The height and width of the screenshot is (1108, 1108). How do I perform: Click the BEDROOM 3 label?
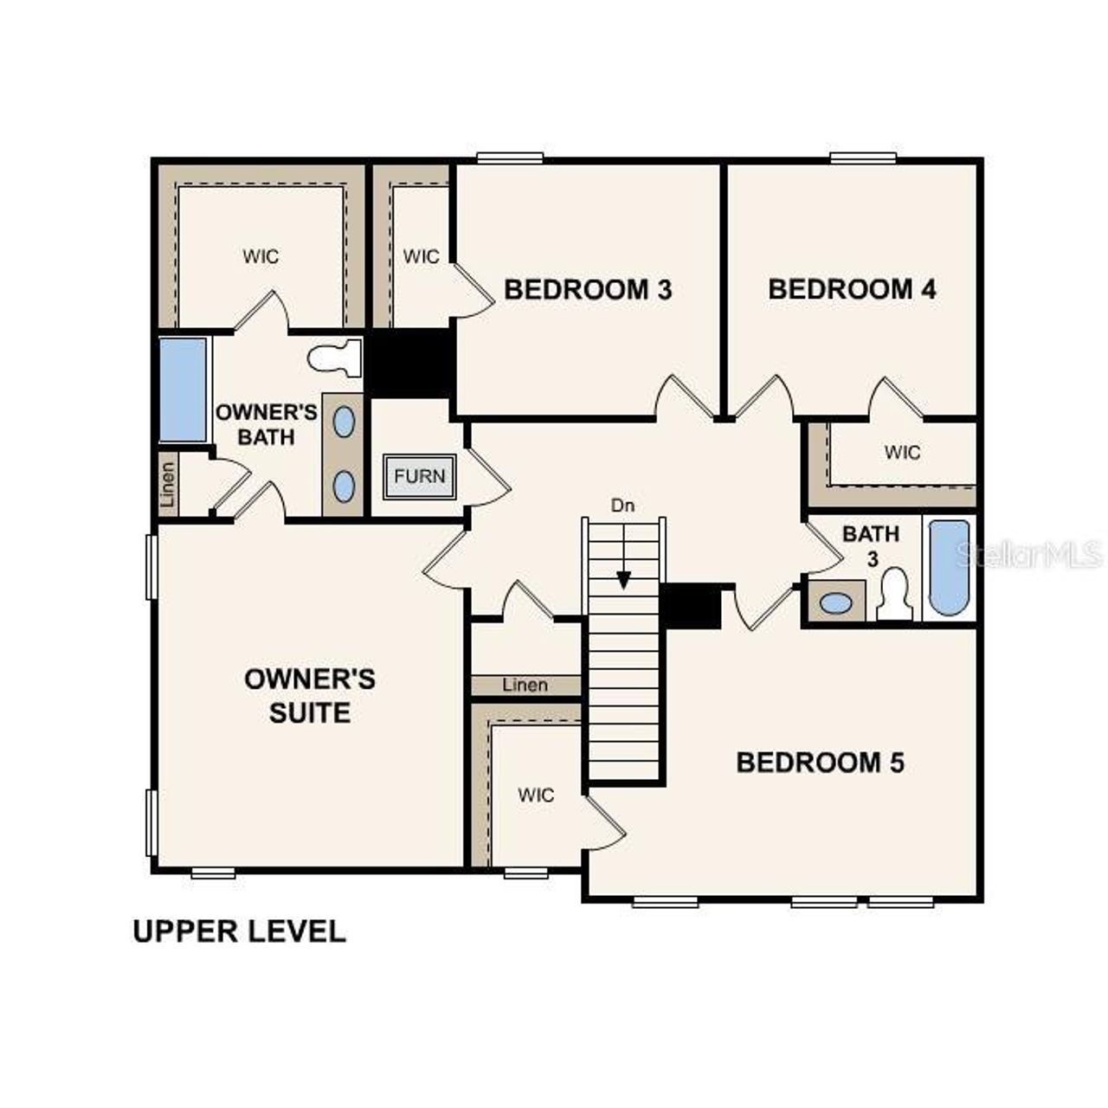pyautogui.click(x=588, y=289)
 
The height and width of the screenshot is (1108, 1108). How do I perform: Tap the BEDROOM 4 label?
pyautogui.click(x=852, y=289)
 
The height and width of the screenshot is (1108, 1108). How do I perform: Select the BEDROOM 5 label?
pyautogui.click(x=820, y=763)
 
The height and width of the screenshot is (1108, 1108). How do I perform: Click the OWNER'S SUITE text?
pyautogui.click(x=310, y=695)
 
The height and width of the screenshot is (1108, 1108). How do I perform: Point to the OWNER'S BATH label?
pyautogui.click(x=266, y=424)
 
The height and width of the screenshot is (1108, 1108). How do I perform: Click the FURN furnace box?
pyautogui.click(x=420, y=475)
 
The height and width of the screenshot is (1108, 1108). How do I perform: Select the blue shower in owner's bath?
pyautogui.click(x=184, y=390)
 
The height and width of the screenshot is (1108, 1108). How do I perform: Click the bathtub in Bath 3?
pyautogui.click(x=949, y=567)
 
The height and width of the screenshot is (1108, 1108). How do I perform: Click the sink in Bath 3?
pyautogui.click(x=835, y=602)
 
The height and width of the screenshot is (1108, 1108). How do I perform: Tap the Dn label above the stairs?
pyautogui.click(x=622, y=506)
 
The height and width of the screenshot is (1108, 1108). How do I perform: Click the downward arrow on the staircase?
pyautogui.click(x=622, y=578)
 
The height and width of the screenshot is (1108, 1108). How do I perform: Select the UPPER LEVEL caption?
pyautogui.click(x=239, y=931)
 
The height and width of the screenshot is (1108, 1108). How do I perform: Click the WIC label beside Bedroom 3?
pyautogui.click(x=421, y=256)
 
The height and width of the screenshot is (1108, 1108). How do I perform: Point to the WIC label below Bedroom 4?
pyautogui.click(x=902, y=452)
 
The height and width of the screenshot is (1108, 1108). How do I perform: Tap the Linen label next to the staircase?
pyautogui.click(x=525, y=686)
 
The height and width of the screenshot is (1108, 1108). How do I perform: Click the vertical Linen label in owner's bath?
pyautogui.click(x=168, y=485)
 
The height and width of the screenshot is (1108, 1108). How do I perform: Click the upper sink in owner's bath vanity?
pyautogui.click(x=344, y=422)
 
